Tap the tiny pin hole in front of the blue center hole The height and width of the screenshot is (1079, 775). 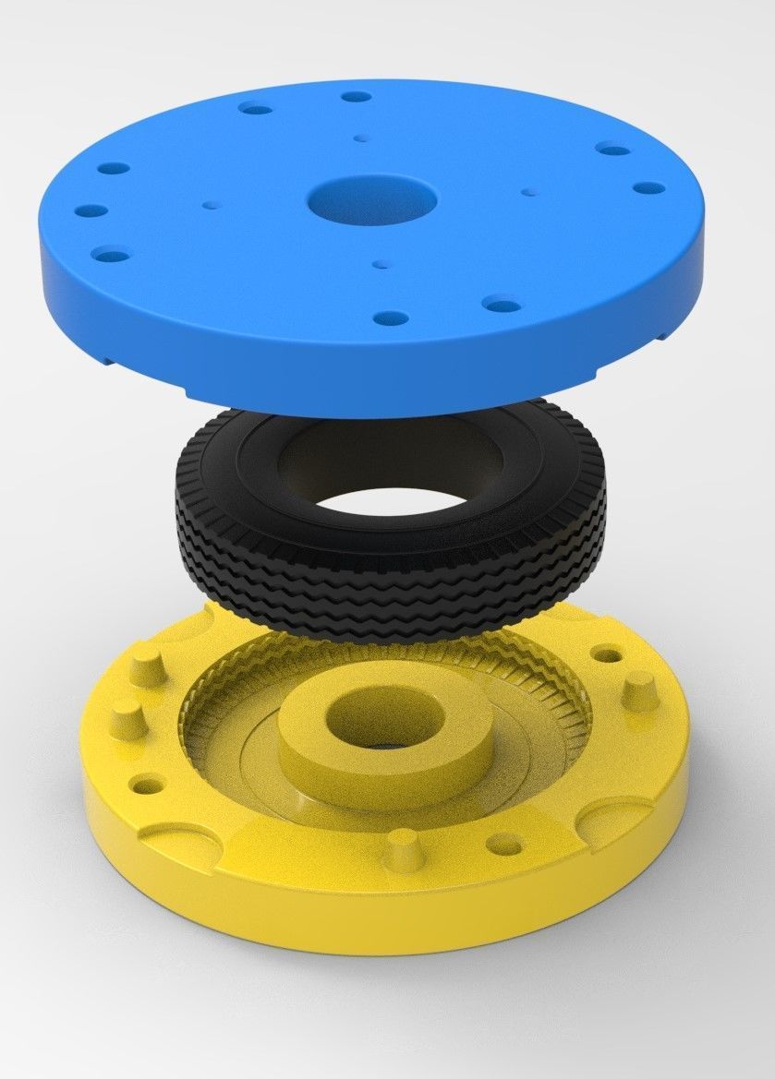point(379,264)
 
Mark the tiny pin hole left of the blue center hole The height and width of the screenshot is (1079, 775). point(211,201)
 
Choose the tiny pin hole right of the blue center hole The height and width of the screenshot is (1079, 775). point(527,192)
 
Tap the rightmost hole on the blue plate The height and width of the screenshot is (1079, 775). point(648,187)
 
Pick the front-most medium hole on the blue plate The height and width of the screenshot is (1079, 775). point(391,318)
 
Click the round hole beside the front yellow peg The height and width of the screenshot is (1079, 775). point(504,843)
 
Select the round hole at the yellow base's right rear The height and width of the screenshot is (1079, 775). point(607,655)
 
